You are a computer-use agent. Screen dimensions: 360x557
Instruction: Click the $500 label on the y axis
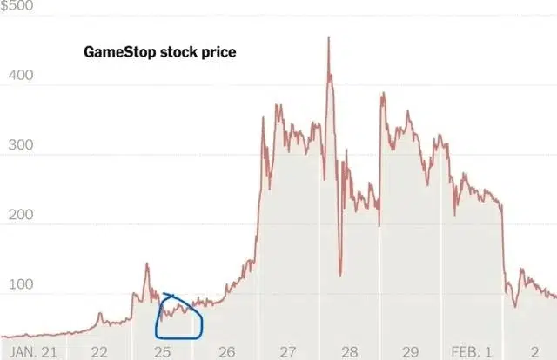pyautogui.click(x=17, y=6)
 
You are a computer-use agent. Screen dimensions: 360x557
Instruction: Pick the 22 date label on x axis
pyautogui.click(x=98, y=351)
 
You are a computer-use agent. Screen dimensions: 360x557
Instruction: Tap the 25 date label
pyautogui.click(x=162, y=351)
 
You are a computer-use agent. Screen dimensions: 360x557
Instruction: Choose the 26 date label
pyautogui.click(x=225, y=351)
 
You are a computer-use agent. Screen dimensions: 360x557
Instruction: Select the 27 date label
pyautogui.click(x=288, y=351)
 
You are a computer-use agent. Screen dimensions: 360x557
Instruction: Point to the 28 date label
pyautogui.click(x=350, y=351)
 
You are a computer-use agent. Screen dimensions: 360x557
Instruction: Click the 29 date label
pyautogui.click(x=412, y=351)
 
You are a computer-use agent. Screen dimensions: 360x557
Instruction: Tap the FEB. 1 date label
pyautogui.click(x=470, y=351)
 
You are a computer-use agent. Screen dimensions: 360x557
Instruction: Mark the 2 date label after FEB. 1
pyautogui.click(x=535, y=351)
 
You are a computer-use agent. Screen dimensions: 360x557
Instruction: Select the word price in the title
pyautogui.click(x=218, y=52)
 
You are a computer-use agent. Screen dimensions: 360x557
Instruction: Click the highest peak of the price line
pyautogui.click(x=329, y=37)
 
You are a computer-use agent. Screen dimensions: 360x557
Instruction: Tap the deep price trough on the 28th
pyautogui.click(x=340, y=275)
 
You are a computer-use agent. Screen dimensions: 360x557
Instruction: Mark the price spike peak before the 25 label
pyautogui.click(x=146, y=263)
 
